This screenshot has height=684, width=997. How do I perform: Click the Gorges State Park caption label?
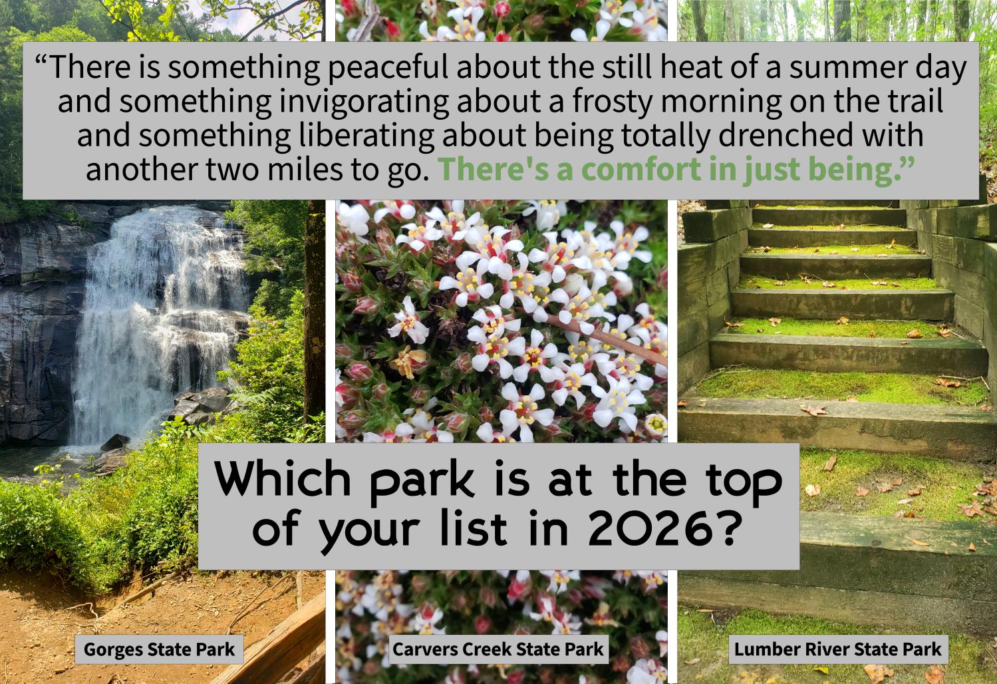160,649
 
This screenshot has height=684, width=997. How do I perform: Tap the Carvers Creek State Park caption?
498,649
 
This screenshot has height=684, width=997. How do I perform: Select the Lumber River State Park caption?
838,649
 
